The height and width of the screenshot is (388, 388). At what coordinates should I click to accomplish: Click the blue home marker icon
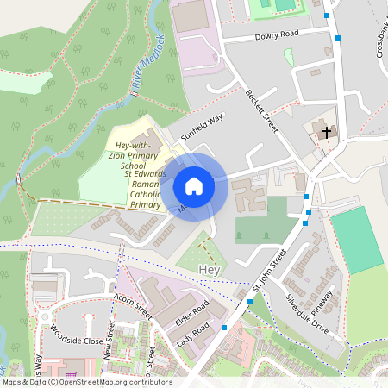point(194,185)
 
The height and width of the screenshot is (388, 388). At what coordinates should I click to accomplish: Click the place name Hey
point(210,270)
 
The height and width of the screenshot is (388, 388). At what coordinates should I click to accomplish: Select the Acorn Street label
point(132,305)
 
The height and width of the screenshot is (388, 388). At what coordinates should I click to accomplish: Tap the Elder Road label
point(192,313)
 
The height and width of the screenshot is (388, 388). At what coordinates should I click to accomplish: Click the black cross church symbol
point(326,133)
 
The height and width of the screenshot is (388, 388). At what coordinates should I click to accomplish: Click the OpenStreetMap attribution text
point(86,382)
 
